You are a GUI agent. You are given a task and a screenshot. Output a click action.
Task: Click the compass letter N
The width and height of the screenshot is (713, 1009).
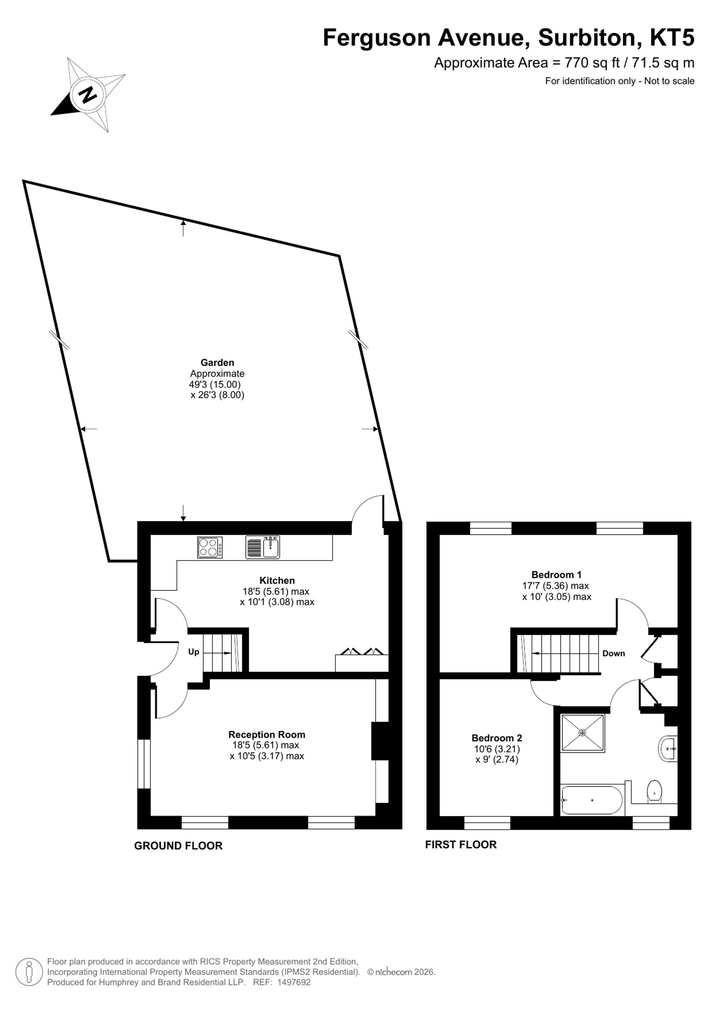pyautogui.click(x=89, y=94)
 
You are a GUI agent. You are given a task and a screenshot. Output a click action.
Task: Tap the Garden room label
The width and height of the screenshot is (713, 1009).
pyautogui.click(x=217, y=362)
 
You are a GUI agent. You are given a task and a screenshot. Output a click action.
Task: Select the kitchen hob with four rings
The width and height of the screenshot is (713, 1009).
pyautogui.click(x=210, y=548)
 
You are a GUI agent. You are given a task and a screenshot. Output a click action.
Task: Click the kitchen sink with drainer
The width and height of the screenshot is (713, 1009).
pyautogui.click(x=262, y=548)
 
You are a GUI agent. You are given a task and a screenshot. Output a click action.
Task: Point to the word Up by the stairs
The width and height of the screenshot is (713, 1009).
pyautogui.click(x=194, y=652)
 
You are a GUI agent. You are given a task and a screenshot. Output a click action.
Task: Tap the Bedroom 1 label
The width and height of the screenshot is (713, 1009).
pyautogui.click(x=556, y=574)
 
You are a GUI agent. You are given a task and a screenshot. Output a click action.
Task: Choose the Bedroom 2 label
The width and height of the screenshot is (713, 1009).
pyautogui.click(x=497, y=738)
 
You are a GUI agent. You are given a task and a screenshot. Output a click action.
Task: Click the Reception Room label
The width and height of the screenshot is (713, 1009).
pyautogui.click(x=267, y=734)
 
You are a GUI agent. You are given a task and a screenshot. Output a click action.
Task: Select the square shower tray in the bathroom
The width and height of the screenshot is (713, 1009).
pyautogui.click(x=583, y=732)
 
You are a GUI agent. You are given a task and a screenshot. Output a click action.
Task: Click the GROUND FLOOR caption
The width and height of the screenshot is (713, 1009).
pyautogui.click(x=178, y=846)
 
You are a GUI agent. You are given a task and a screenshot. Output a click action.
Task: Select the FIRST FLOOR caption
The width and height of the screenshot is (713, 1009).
pyautogui.click(x=461, y=844)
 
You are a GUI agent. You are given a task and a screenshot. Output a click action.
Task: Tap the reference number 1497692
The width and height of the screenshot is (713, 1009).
pyautogui.click(x=294, y=982)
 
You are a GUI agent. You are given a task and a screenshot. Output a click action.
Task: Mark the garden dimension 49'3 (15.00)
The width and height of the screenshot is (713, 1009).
pyautogui.click(x=215, y=384)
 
